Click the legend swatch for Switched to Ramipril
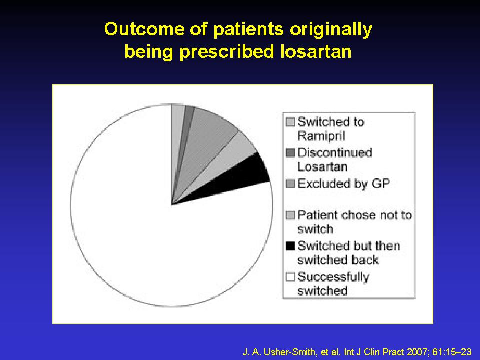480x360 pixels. pos(290,122)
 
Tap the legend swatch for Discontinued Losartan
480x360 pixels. pos(290,152)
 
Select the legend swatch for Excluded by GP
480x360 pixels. pos(290,184)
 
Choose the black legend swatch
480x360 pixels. pos(290,246)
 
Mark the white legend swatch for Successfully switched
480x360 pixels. pos(290,277)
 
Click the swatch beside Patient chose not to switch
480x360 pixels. pos(290,215)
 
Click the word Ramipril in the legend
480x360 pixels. pos(321,136)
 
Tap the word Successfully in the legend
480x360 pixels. pos(333,277)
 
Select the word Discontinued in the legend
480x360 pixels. pos(335,152)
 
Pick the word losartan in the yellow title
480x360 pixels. pos(316,51)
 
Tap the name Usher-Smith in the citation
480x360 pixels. pos(289,352)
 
